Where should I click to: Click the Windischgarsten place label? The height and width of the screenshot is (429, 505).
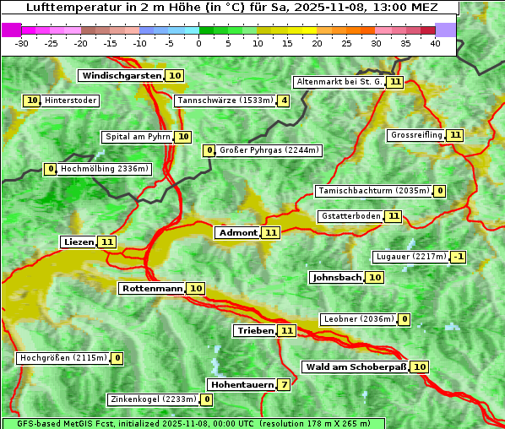(121, 76)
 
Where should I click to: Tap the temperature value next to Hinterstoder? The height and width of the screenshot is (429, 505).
(32, 100)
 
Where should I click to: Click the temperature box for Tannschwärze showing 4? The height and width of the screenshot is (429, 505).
(284, 101)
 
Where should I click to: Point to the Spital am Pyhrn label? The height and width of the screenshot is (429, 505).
(137, 137)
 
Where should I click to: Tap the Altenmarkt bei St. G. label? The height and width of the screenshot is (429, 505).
(339, 82)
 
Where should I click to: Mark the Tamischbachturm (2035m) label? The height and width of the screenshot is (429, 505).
(372, 191)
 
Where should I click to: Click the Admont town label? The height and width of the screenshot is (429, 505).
(237, 232)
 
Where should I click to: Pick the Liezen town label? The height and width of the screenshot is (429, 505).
(79, 242)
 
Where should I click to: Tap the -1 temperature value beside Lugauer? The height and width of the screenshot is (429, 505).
(458, 257)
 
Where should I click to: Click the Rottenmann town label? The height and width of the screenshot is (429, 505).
(152, 289)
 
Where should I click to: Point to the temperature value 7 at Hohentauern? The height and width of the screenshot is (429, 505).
(285, 385)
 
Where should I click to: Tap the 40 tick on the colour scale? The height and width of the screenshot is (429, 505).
(435, 43)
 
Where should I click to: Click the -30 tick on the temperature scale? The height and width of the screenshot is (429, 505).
(22, 43)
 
